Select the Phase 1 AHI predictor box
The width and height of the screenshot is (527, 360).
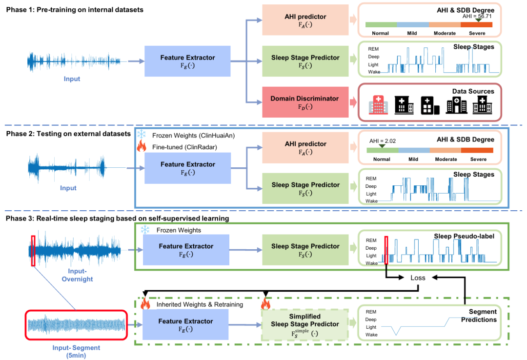pyautogui.click(x=304, y=20)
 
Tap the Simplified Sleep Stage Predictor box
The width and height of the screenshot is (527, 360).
pyautogui.click(x=304, y=323)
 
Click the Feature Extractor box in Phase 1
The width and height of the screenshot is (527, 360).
pyautogui.click(x=187, y=61)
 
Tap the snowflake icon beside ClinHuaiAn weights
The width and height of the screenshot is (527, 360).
pyautogui.click(x=142, y=134)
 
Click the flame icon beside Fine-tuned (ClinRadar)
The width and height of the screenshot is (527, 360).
pyautogui.click(x=142, y=145)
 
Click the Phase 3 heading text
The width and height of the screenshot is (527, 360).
pyautogui.click(x=118, y=218)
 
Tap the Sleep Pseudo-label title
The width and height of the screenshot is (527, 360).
pyautogui.click(x=464, y=237)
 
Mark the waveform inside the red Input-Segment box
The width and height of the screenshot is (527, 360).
pyautogui.click(x=76, y=325)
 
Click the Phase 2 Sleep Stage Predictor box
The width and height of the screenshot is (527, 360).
pyautogui.click(x=304, y=188)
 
